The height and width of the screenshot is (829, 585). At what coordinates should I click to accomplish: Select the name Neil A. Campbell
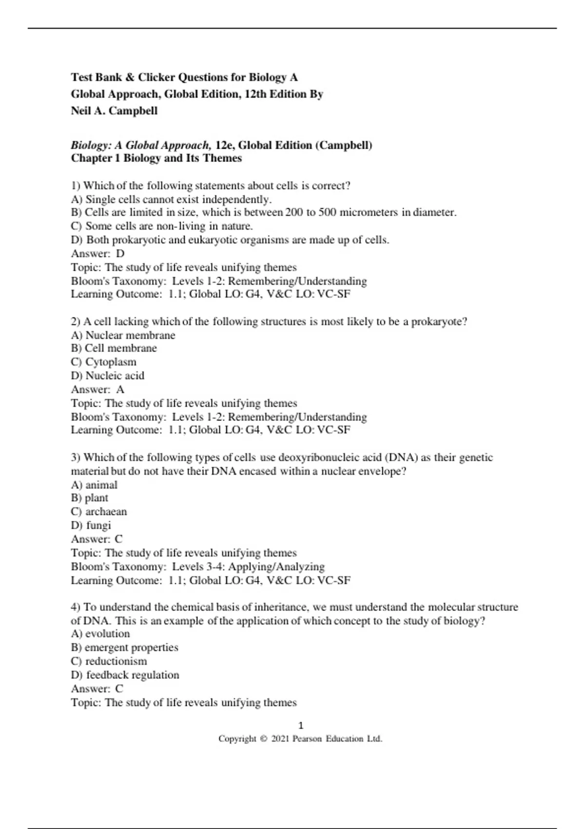tap(114, 111)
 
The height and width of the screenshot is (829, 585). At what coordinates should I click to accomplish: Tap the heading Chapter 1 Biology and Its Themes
tap(156, 158)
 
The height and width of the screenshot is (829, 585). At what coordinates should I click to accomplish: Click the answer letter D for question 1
tap(120, 254)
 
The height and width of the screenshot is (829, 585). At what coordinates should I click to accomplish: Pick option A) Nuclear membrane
tap(123, 335)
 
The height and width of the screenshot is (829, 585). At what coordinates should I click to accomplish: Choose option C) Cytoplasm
tap(103, 362)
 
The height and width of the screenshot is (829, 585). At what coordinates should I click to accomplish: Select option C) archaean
tap(98, 512)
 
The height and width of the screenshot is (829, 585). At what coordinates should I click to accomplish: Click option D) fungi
tap(91, 525)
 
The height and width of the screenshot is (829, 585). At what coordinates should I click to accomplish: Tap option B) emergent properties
tap(124, 648)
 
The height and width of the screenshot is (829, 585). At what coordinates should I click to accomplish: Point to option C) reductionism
tap(109, 661)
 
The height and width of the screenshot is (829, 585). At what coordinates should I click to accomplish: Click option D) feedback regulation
tap(125, 675)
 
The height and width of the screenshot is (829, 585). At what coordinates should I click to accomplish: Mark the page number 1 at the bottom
tap(300, 725)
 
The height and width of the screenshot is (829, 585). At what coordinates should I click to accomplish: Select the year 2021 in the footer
tap(280, 739)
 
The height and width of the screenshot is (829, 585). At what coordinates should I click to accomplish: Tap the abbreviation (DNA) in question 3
tap(401, 457)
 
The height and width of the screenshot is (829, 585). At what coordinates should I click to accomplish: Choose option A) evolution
tap(100, 634)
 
